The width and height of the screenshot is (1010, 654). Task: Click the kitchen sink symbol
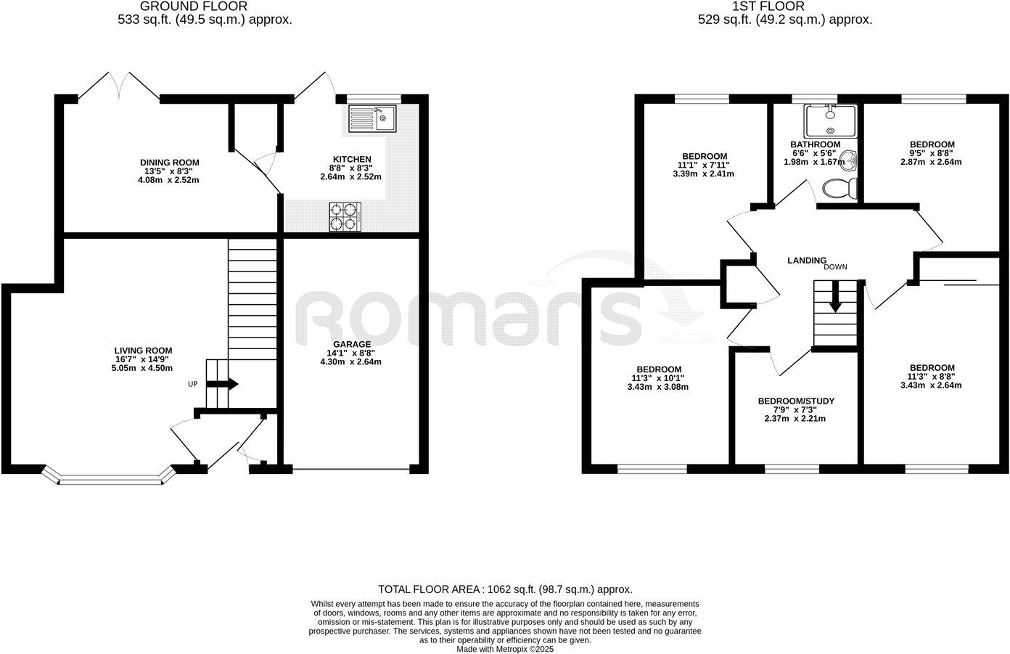point(371,118)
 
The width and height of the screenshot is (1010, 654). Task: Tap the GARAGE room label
point(351,344)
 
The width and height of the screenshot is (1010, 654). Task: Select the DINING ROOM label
point(169,163)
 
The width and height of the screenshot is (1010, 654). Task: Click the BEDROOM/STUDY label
point(796,401)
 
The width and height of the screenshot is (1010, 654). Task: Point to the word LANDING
point(807,260)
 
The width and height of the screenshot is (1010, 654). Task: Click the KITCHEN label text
point(352,160)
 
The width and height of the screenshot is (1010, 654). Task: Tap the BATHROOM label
point(815,144)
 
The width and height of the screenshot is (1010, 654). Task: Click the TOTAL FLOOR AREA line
point(505,589)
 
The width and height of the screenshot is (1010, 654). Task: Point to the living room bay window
point(109,478)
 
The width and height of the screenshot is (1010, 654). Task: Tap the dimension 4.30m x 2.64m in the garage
point(350,361)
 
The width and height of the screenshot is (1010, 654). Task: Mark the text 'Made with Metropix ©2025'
point(505,649)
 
